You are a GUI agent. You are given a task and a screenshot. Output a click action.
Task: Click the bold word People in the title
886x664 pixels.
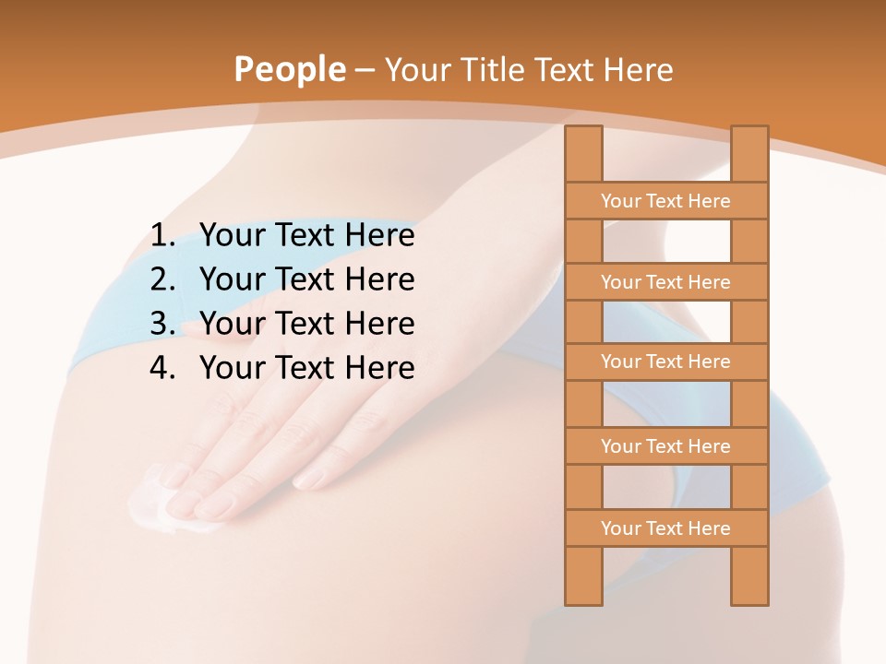[x=289, y=70]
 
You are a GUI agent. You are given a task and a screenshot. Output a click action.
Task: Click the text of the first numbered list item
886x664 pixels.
[x=306, y=236]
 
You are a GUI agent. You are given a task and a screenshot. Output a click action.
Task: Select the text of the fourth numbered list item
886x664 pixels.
[x=306, y=368]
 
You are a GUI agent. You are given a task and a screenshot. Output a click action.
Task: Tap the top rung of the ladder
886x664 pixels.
[x=665, y=201]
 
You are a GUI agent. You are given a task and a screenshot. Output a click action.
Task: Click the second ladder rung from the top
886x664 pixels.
[x=665, y=282]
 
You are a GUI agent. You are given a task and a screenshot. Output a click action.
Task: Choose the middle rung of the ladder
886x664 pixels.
[x=665, y=362]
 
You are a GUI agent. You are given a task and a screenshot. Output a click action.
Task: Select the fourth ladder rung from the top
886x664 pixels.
[x=665, y=446]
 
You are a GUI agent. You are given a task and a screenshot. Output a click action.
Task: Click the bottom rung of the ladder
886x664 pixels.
[x=665, y=528]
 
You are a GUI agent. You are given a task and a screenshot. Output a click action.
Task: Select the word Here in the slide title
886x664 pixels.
[x=639, y=70]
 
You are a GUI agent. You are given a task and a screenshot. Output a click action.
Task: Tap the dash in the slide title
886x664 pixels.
[x=365, y=71]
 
